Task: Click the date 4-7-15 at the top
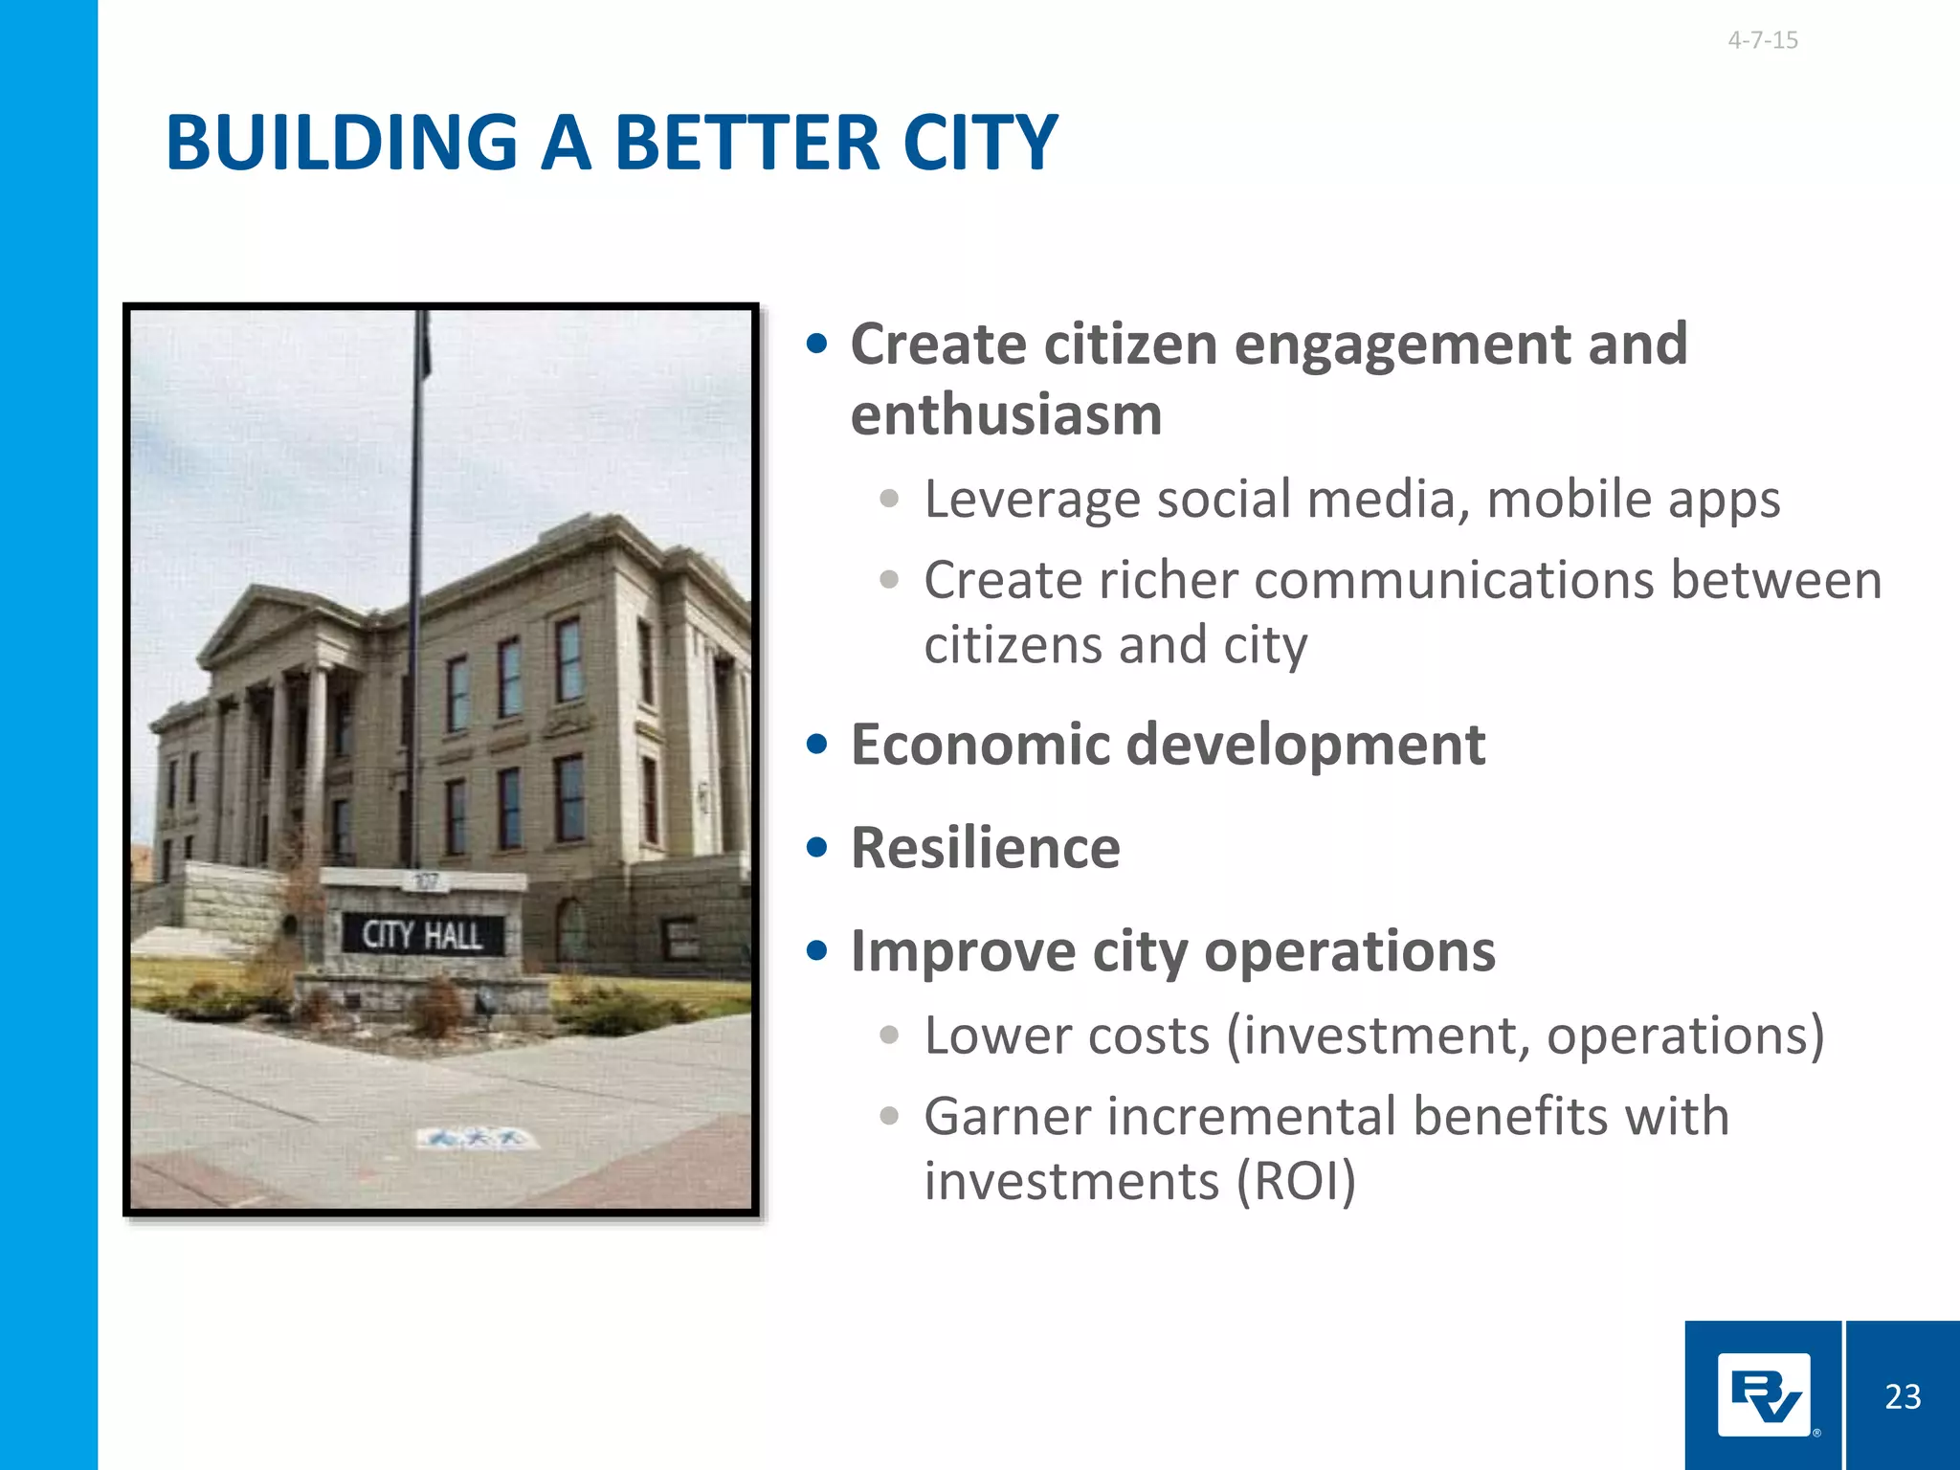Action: pyautogui.click(x=1762, y=40)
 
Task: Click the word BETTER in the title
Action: pyautogui.click(x=746, y=144)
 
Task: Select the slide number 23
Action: pyautogui.click(x=1903, y=1397)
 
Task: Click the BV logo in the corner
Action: pyautogui.click(x=1764, y=1395)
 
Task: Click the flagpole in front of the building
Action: pyautogui.click(x=416, y=574)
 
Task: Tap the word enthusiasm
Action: pyautogui.click(x=1006, y=415)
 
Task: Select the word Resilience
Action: pyautogui.click(x=985, y=848)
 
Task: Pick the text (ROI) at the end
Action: pyautogui.click(x=1296, y=1181)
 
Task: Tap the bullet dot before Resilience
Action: pyautogui.click(x=816, y=848)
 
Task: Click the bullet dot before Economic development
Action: pyautogui.click(x=816, y=745)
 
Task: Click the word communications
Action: pyautogui.click(x=1454, y=581)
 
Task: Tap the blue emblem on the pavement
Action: pyautogui.click(x=476, y=1138)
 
